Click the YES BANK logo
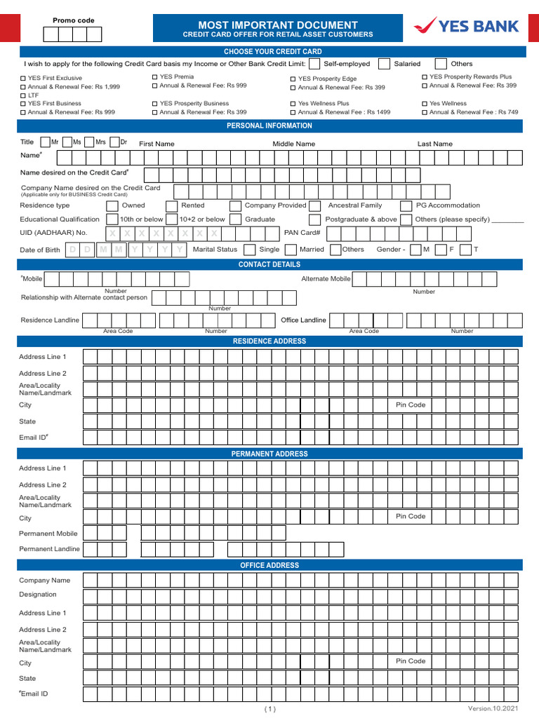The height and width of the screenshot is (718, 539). (x=466, y=27)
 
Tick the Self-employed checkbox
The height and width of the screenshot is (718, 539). (x=314, y=64)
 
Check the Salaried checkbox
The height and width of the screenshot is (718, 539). (x=384, y=64)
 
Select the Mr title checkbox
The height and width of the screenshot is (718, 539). (x=45, y=142)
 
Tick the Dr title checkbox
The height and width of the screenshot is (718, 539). (x=114, y=142)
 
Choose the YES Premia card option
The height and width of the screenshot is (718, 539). (x=155, y=76)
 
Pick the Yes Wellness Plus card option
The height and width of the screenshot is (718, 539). (x=293, y=104)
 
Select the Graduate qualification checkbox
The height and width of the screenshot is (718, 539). (x=236, y=219)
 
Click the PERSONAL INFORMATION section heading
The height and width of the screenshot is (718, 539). (x=269, y=126)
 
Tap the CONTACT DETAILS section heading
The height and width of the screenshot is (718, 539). (x=269, y=264)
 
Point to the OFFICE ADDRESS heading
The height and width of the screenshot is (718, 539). (x=269, y=565)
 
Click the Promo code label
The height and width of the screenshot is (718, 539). (x=74, y=21)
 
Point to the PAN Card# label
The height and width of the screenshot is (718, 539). (x=302, y=233)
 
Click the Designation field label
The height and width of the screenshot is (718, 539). (x=38, y=595)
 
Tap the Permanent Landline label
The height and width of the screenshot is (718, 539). (x=49, y=549)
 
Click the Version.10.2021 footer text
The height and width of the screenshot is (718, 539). (x=496, y=710)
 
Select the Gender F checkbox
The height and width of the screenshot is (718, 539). (x=440, y=250)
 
